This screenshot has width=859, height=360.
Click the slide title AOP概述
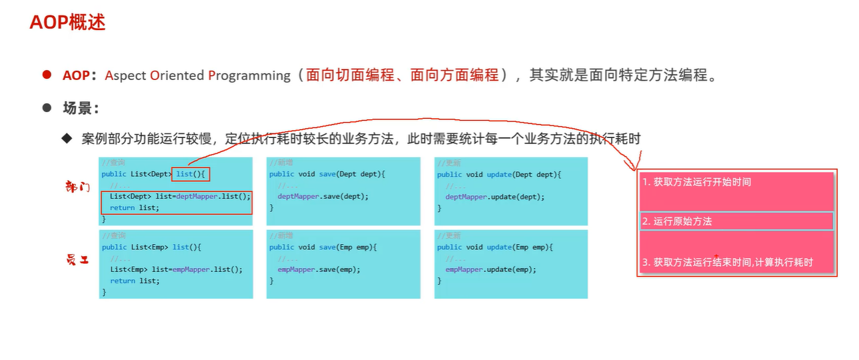(x=67, y=22)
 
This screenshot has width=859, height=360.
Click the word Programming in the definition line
(x=249, y=75)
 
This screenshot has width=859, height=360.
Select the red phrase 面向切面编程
(x=350, y=75)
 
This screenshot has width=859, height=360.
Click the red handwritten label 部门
(x=78, y=186)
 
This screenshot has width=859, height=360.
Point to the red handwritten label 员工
(x=78, y=261)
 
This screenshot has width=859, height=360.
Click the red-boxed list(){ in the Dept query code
(x=191, y=175)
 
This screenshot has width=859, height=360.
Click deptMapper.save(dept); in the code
(x=323, y=197)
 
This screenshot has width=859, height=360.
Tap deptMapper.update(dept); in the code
(x=494, y=197)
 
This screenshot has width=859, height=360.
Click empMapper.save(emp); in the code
(x=319, y=270)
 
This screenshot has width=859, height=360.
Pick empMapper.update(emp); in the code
(x=490, y=270)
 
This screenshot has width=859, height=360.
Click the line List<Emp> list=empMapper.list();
(x=176, y=270)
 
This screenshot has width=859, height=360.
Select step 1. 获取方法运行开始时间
(x=696, y=182)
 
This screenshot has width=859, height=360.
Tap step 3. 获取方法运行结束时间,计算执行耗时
(x=728, y=263)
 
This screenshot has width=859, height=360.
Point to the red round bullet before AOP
(x=47, y=75)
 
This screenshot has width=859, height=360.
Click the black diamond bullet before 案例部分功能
(x=66, y=138)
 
